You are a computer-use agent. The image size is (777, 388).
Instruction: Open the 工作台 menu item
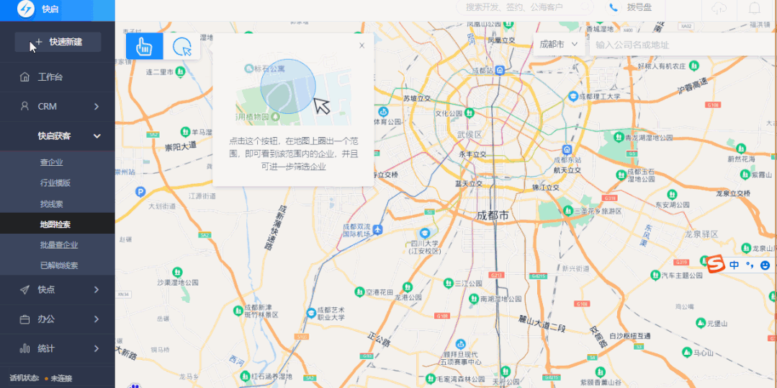point(50,77)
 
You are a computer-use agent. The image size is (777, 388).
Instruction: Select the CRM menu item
point(48,106)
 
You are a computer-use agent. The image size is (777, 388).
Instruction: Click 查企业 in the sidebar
point(51,162)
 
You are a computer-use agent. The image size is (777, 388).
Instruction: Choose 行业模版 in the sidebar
point(55,183)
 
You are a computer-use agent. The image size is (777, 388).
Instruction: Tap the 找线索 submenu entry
point(51,204)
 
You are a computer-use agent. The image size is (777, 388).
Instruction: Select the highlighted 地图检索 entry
point(55,224)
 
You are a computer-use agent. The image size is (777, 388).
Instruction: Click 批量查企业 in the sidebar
point(59,245)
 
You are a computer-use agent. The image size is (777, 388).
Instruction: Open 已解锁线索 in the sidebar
point(59,265)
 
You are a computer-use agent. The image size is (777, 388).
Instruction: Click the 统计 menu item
point(46,348)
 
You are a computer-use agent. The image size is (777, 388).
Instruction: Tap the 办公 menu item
point(46,319)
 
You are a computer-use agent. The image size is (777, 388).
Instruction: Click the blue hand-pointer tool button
point(144,46)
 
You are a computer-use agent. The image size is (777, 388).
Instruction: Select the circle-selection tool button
point(182,46)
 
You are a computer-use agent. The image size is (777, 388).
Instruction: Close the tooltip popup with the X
point(361,45)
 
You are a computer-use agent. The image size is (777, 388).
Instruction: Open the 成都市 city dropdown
point(559,44)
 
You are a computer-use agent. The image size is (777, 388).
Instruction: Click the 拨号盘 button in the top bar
point(632,7)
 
